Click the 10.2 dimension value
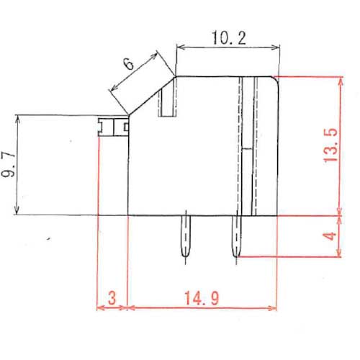(x=226, y=38)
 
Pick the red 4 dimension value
(x=330, y=235)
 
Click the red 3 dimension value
(x=112, y=297)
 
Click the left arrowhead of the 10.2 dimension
(x=180, y=48)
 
